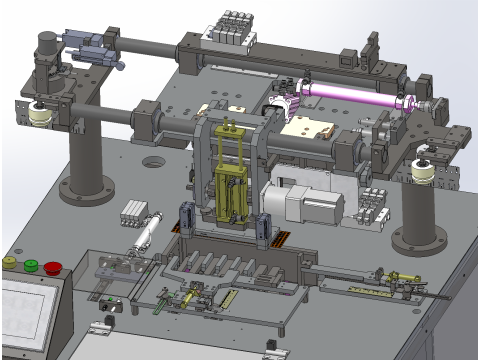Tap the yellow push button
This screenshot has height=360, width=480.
click(x=10, y=262)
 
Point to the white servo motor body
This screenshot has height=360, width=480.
click(x=312, y=206)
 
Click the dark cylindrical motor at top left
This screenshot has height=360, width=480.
click(x=45, y=49)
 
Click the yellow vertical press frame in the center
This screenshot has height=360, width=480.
click(x=232, y=175)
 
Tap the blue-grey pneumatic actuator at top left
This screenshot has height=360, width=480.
click(x=90, y=43)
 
